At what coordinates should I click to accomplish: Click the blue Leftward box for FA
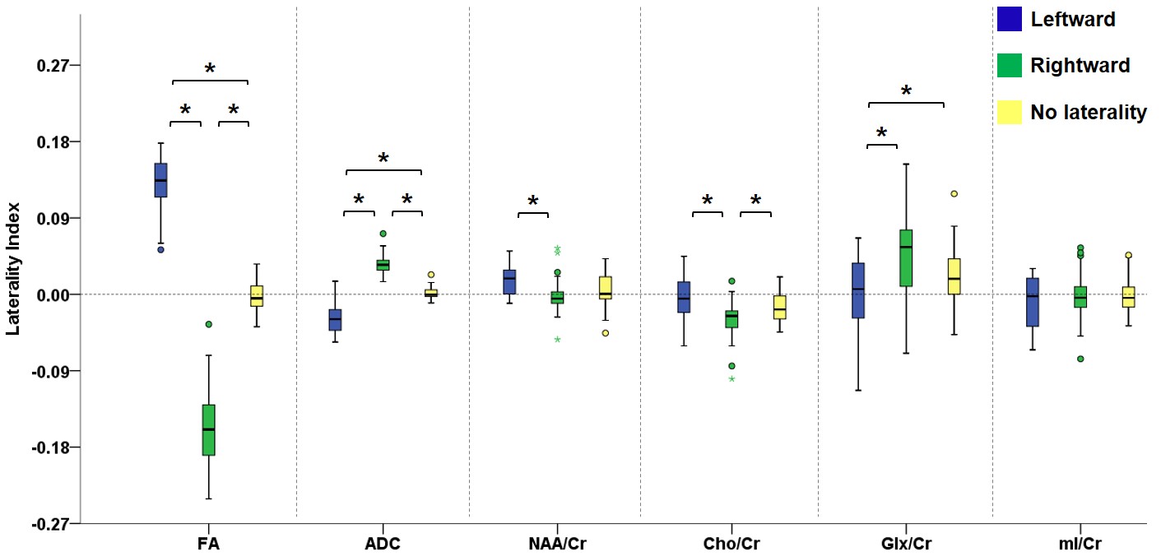pos(160,180)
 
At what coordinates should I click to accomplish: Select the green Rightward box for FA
pos(209,429)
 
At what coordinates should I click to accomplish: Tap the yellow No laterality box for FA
pos(257,296)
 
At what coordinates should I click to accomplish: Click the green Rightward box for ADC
pos(383,264)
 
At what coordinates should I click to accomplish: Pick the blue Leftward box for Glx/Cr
pos(857,290)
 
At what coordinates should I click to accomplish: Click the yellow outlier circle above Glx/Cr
pos(954,194)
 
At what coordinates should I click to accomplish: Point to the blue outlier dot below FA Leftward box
pos(160,249)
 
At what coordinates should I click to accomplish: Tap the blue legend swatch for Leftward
pos(1010,19)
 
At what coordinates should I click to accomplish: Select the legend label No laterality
pos(1088,112)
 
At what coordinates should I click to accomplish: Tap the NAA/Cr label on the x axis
pos(557,544)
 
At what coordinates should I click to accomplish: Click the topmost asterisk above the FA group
pos(210,69)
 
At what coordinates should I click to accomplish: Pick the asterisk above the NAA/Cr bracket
pos(533,202)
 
